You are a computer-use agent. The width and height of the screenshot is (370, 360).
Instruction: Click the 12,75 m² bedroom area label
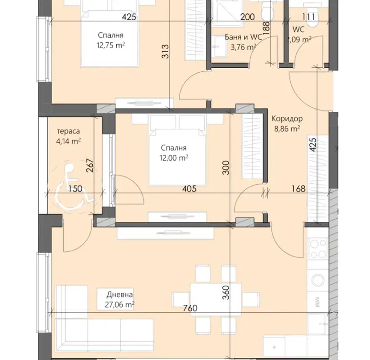pyautogui.click(x=111, y=45)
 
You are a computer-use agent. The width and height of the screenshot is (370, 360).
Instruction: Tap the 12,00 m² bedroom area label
pyautogui.click(x=174, y=158)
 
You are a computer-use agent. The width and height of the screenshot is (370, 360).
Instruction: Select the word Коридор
pyautogui.click(x=287, y=119)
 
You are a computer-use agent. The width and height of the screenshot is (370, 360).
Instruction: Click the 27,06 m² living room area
pyautogui.click(x=119, y=305)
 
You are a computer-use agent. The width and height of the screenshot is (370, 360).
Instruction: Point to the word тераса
pyautogui.click(x=69, y=131)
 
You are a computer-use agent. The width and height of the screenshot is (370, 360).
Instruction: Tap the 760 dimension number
pyautogui.click(x=190, y=308)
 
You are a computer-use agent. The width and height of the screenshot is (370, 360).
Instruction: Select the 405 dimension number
pyautogui.click(x=189, y=189)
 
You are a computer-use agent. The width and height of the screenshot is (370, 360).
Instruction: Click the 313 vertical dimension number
pyautogui.click(x=165, y=51)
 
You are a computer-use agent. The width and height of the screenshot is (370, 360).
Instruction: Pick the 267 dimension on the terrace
pyautogui.click(x=90, y=165)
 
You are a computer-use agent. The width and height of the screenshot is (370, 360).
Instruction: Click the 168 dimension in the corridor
pyautogui.click(x=299, y=189)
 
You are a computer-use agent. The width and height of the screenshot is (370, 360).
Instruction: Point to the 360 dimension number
pyautogui.click(x=226, y=293)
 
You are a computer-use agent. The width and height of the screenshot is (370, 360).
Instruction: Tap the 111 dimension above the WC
pyautogui.click(x=308, y=17)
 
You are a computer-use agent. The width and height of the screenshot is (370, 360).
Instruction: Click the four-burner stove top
pyautogui.click(x=318, y=249)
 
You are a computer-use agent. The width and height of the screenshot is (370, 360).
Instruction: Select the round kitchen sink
pyautogui.click(x=318, y=280)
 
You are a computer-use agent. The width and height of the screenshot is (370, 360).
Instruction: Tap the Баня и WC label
pyautogui.click(x=243, y=37)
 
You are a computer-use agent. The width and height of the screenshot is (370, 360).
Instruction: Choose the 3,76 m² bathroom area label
pyautogui.click(x=243, y=47)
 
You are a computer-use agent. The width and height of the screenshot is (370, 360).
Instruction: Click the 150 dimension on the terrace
pyautogui.click(x=75, y=189)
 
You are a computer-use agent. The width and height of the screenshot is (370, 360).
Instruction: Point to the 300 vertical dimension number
pyautogui.click(x=226, y=168)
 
